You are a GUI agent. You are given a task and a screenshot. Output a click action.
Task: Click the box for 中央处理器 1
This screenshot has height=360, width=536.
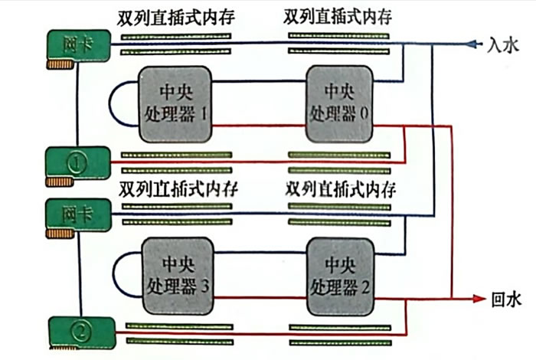[x=175, y=103]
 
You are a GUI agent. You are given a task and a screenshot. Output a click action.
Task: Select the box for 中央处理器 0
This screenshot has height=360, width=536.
[x=339, y=103]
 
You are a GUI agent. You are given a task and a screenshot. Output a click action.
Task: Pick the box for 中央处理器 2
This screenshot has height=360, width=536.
[x=339, y=275]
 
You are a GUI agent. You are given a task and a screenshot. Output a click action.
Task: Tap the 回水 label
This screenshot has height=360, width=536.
[x=504, y=297]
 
